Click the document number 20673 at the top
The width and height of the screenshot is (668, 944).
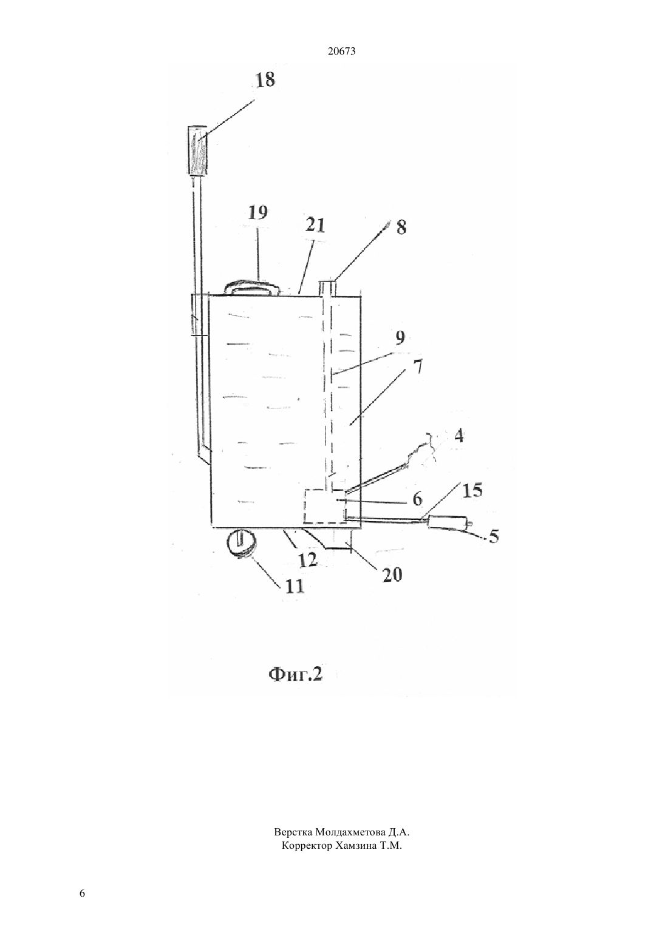341,52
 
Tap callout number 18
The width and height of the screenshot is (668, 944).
265,79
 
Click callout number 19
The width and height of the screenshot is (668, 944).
258,212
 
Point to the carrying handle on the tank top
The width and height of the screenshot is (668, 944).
252,288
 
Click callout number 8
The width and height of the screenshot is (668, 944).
401,227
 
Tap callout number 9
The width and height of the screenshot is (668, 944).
400,337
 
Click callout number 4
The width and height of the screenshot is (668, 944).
459,436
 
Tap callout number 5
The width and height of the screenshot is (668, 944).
493,536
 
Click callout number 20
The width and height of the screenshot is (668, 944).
392,575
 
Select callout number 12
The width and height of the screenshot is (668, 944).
307,560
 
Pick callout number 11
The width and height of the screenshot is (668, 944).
295,586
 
